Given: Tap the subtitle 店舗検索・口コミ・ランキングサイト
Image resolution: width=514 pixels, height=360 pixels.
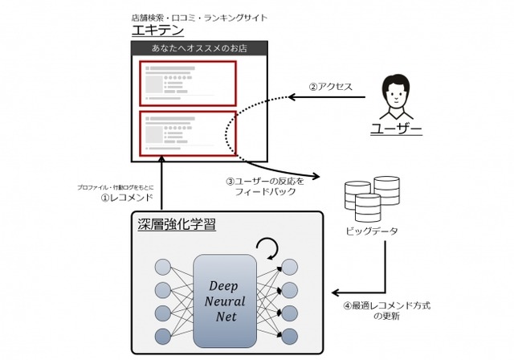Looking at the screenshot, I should [198, 16].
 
